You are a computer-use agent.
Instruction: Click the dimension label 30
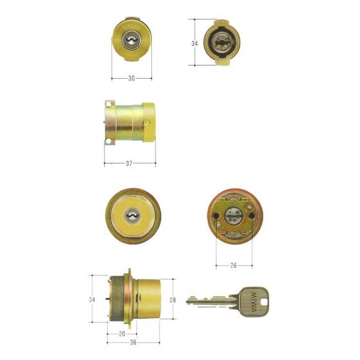click(x=131, y=79)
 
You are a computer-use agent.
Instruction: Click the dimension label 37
click(x=129, y=163)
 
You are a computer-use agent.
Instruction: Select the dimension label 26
click(x=233, y=265)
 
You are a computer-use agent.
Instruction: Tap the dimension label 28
click(x=172, y=300)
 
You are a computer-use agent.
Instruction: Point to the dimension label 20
click(x=122, y=334)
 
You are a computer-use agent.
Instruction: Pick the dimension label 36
click(x=133, y=342)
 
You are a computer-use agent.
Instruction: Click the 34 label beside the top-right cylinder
click(x=195, y=44)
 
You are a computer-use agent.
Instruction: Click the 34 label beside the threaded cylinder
click(x=92, y=299)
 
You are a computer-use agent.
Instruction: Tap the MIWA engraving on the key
click(x=254, y=302)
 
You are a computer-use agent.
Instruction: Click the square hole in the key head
click(x=264, y=302)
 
